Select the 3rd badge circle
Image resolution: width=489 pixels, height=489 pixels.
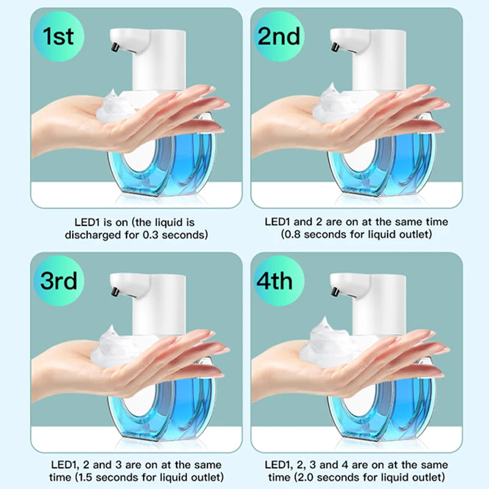click(59, 281)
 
